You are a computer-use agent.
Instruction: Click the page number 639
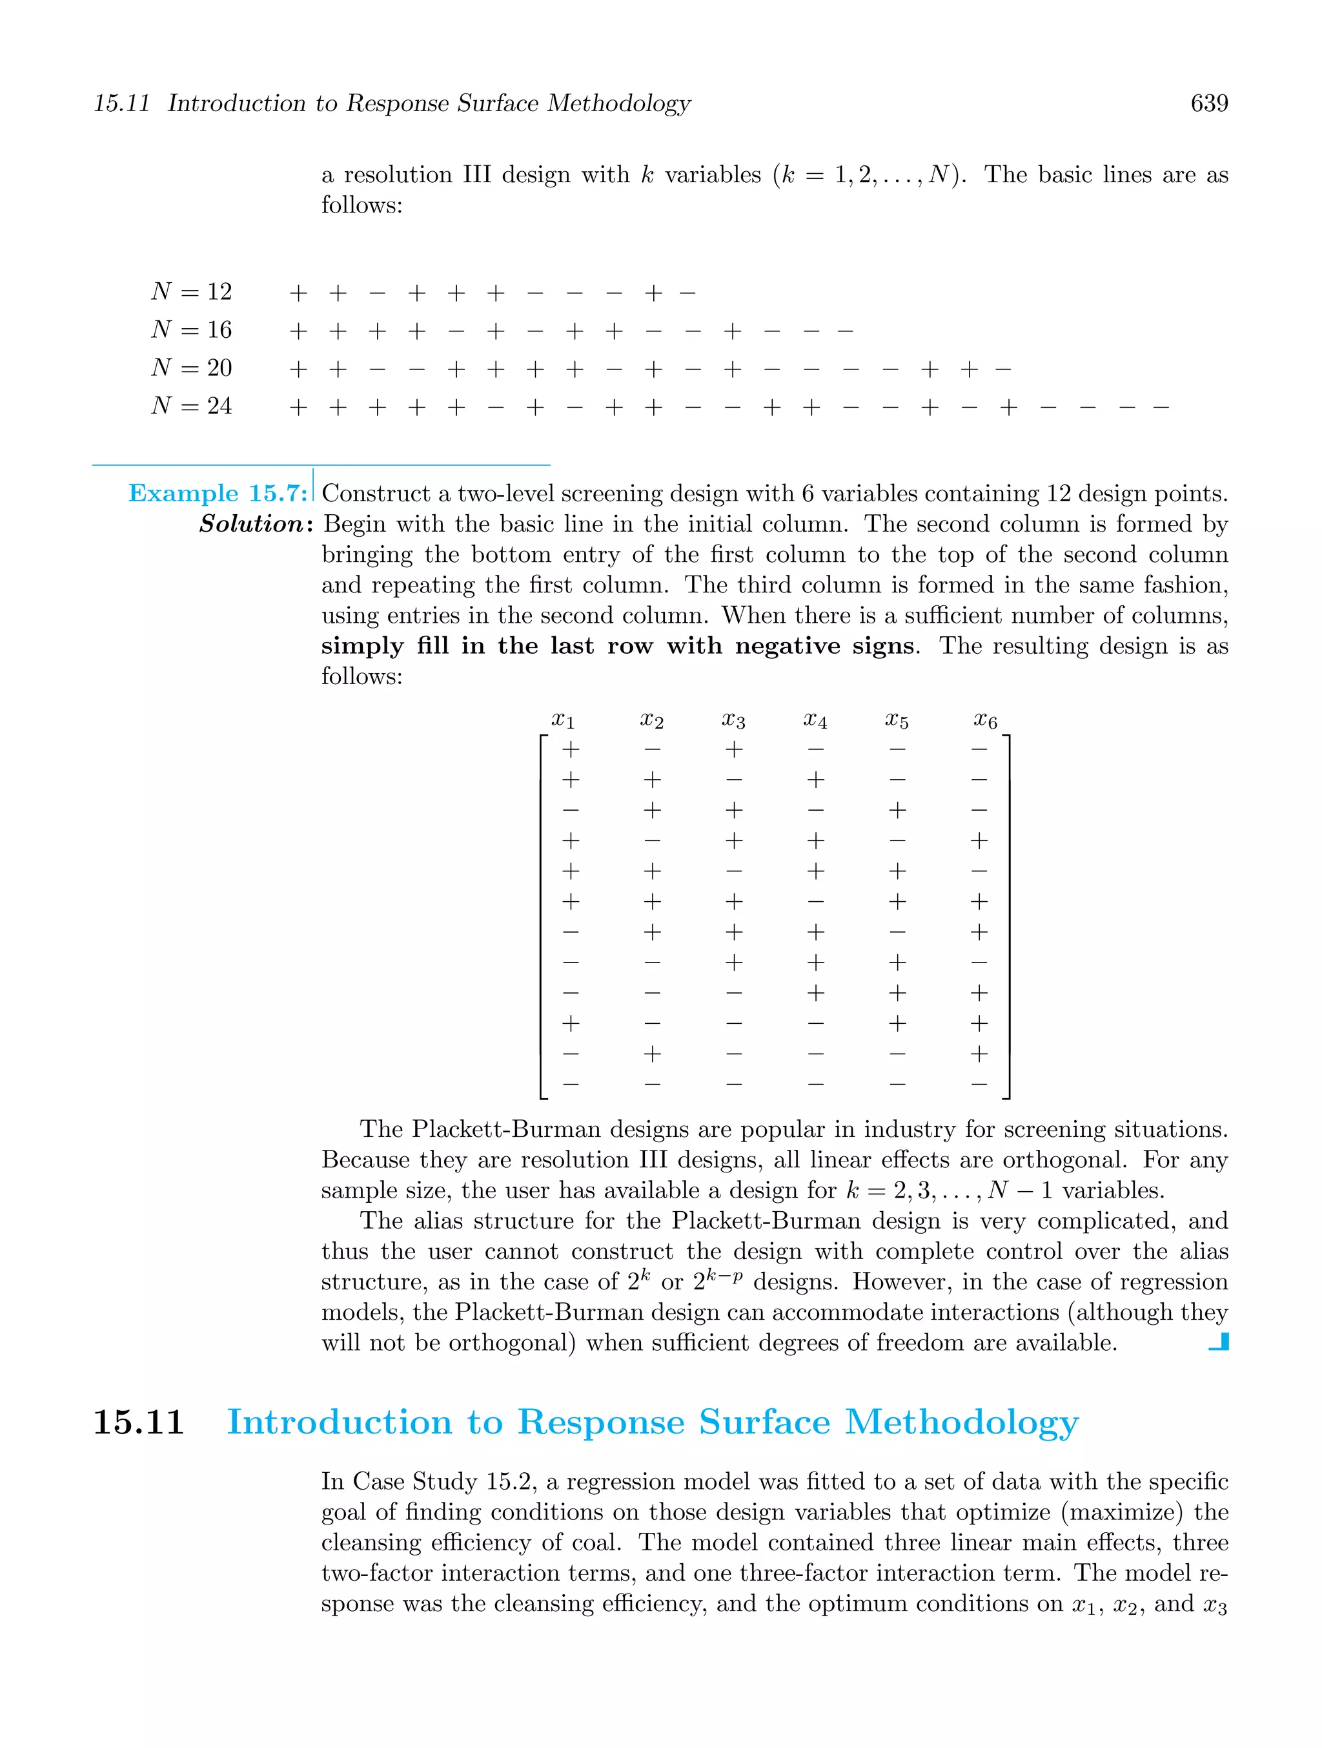(1208, 103)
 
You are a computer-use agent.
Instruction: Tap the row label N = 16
(192, 329)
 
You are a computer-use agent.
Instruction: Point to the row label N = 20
(192, 368)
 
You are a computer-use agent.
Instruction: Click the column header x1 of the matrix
(563, 719)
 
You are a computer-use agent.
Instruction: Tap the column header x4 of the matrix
(816, 719)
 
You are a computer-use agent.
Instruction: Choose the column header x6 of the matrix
(985, 719)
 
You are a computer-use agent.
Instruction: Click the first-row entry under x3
(734, 748)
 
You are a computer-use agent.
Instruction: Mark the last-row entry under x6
(979, 1084)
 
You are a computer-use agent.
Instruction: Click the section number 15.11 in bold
(138, 1422)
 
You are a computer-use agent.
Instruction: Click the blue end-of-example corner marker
(1219, 1342)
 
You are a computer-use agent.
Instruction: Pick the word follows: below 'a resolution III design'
(361, 205)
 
